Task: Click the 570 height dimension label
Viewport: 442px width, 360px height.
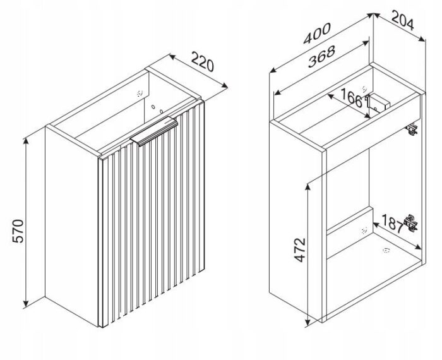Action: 18,231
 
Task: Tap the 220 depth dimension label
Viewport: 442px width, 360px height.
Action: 203,61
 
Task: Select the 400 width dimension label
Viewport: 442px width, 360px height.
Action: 316,33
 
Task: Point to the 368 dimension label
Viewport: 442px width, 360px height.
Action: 321,56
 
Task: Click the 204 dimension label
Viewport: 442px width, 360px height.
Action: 403,20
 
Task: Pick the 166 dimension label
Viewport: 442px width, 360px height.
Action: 354,98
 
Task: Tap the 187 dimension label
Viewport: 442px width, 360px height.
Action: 393,223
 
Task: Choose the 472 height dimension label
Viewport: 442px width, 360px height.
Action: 299,249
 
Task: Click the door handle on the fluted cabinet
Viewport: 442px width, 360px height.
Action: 154,131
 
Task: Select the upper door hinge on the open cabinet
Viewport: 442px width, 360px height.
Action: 412,129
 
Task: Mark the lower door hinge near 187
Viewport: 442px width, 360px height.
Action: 410,223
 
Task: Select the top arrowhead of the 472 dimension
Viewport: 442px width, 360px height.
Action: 308,186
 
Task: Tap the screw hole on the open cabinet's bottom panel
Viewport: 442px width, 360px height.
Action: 386,250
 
